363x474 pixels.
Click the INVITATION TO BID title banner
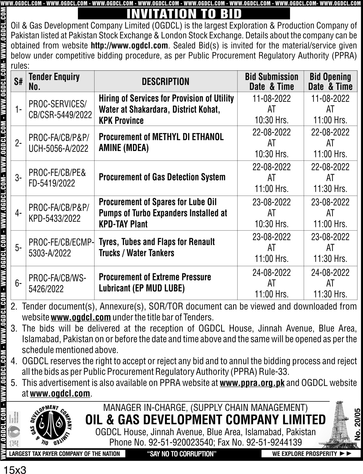[184, 13]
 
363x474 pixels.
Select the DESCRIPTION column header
[165, 82]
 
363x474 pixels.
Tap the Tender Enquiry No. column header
[54, 81]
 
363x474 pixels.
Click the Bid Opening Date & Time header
[330, 81]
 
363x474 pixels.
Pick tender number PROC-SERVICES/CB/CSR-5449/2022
[60, 109]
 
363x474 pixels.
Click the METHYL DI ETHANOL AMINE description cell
[161, 142]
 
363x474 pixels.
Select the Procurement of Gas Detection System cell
[162, 177]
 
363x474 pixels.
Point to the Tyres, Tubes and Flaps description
[157, 247]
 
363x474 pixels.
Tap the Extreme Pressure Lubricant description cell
[155, 283]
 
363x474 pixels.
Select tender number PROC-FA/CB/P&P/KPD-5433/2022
[59, 213]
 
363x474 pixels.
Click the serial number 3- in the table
[18, 178]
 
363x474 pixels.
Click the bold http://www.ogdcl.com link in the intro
[129, 46]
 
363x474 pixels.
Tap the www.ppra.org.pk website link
[252, 383]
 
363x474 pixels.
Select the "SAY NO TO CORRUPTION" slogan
[181, 454]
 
